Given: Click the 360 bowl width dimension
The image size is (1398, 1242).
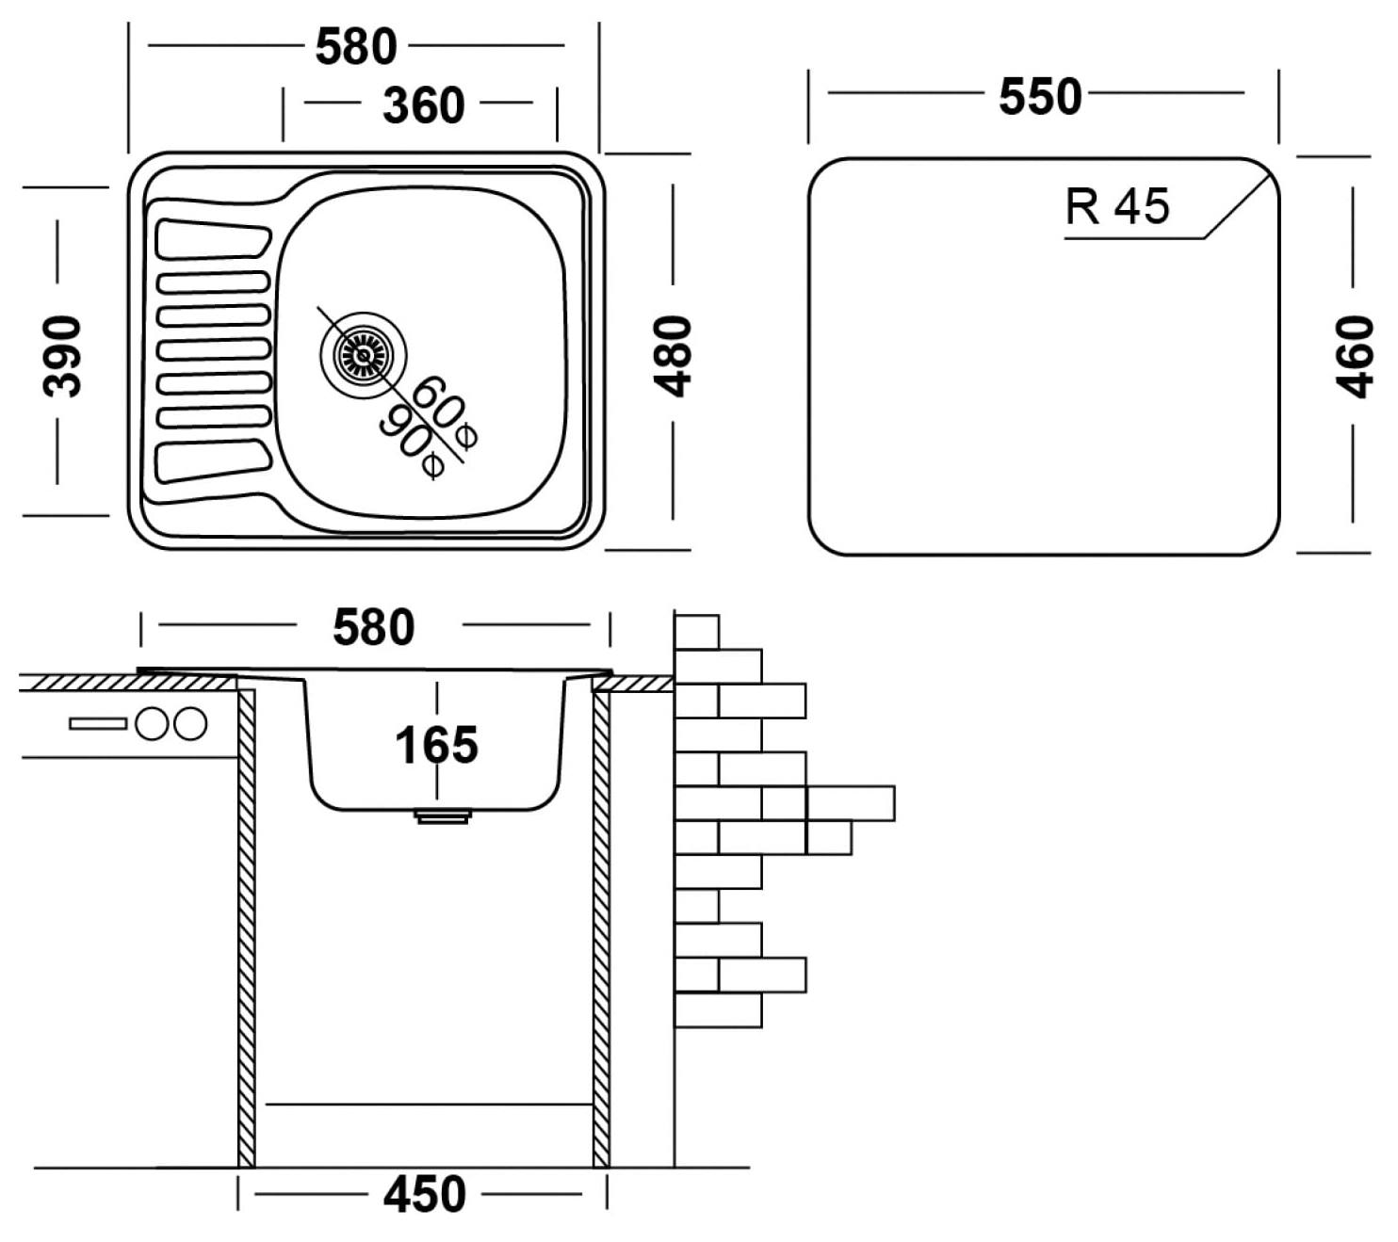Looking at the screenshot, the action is (423, 105).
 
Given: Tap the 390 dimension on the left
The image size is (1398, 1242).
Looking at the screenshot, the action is (61, 356).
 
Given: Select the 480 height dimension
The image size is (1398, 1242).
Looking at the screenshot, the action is (672, 356).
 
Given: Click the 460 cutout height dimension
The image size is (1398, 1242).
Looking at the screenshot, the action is (1355, 357).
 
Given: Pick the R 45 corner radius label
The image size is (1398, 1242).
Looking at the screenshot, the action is (1117, 206).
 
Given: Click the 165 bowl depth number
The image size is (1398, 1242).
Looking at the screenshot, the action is (436, 745).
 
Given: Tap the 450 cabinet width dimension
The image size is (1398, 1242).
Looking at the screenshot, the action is (424, 1194).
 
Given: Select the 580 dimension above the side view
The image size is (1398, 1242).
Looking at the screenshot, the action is (373, 627).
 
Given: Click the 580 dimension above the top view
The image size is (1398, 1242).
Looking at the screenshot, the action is (356, 47).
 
